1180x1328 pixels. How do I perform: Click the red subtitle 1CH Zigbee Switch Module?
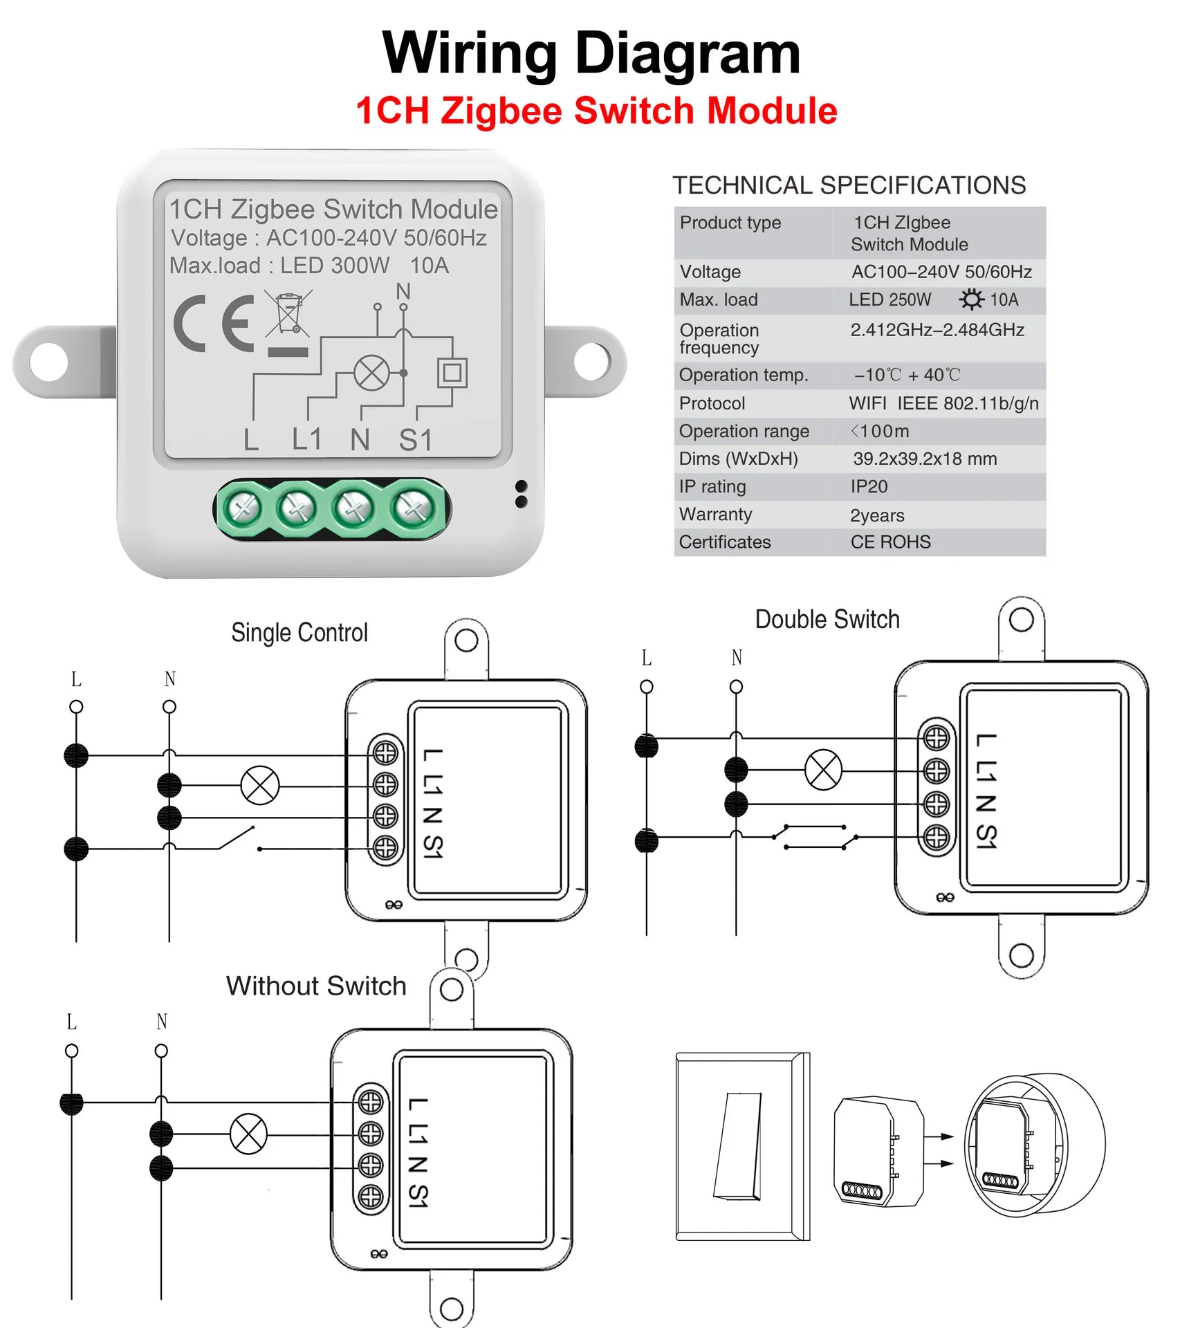pos(596,111)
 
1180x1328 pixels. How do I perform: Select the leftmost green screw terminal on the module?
pos(241,510)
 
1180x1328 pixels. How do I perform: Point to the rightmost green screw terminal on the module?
pos(413,510)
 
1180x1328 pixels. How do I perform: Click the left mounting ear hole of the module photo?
pos(49,362)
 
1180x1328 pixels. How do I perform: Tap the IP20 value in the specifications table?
pos(869,487)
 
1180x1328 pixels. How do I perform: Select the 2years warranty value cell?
pos(877,515)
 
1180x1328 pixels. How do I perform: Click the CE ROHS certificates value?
pos(890,542)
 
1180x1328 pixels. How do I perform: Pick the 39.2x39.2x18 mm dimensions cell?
pos(924,459)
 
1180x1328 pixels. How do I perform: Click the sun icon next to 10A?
pos(971,299)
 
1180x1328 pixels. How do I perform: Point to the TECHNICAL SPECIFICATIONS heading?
pos(849,185)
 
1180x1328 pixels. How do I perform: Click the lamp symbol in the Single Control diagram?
pos(260,786)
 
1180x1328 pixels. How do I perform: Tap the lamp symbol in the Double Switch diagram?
pos(823,769)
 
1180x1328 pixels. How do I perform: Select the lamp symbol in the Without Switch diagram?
pos(248,1134)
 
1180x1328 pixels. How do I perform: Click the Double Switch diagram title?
pos(827,620)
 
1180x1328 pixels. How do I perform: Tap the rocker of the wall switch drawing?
pos(738,1145)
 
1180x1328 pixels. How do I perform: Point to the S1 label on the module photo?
pos(416,440)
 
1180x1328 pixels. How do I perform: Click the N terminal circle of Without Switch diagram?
pos(161,1051)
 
